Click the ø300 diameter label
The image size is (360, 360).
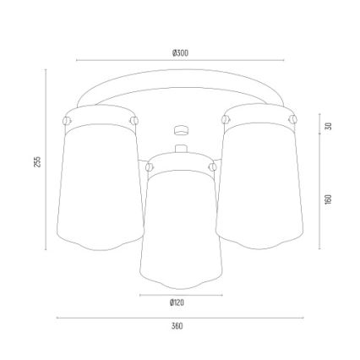[180, 52]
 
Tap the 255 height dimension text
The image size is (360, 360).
[37, 161]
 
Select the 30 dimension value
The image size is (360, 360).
[328, 125]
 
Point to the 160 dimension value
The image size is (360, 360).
[328, 199]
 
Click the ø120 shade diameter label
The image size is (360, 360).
[177, 302]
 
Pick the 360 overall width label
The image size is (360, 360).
[177, 325]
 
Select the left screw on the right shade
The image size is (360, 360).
[223, 121]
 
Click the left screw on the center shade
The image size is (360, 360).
[150, 166]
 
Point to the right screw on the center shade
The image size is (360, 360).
[212, 166]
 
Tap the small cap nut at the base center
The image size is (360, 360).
[179, 131]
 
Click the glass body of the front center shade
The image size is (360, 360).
[180, 228]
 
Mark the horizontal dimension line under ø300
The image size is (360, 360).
[180, 61]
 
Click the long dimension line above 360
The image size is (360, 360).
[180, 319]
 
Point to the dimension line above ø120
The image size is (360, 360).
[180, 295]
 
